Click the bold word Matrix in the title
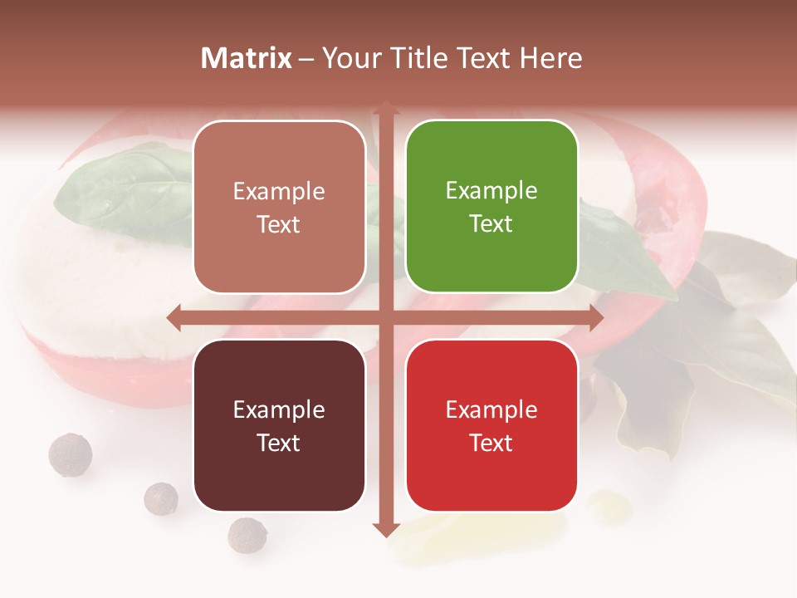[246, 58]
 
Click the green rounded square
[491, 207]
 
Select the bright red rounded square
[491, 425]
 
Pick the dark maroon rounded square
[279, 425]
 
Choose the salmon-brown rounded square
[279, 207]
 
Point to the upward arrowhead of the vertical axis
[385, 108]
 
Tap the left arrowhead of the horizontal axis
[174, 317]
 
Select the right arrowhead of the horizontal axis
[596, 317]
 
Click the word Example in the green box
[491, 191]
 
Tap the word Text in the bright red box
[491, 443]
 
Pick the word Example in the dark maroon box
[279, 409]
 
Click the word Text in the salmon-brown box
[279, 224]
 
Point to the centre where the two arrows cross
[385, 317]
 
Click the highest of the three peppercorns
[70, 454]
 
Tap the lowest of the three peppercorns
[247, 535]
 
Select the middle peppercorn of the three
[161, 498]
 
